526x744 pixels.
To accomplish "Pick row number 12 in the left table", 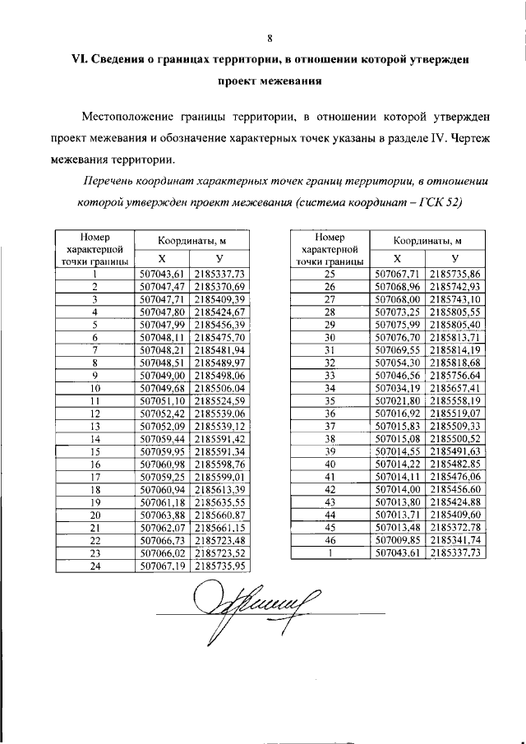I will coord(95,413).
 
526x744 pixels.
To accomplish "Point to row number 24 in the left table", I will coord(95,566).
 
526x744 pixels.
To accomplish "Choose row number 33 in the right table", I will coord(330,375).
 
